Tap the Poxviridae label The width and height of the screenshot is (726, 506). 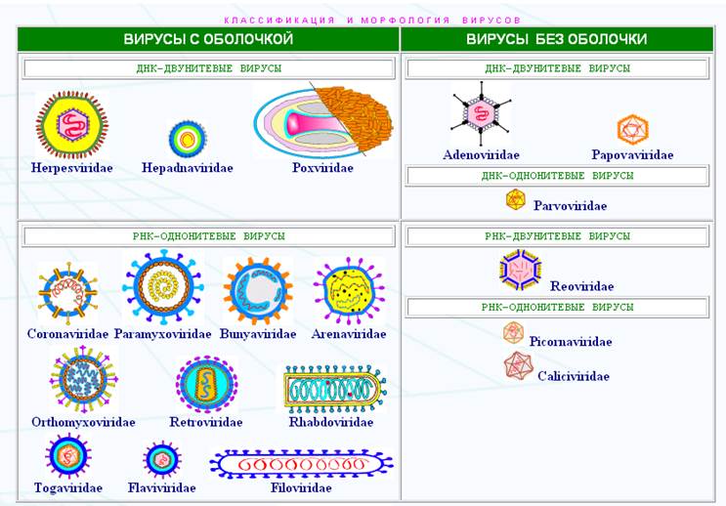(322, 168)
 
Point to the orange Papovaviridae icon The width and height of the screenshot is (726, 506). (632, 129)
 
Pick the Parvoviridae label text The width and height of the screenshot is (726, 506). (570, 206)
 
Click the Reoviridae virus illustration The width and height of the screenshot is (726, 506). (519, 270)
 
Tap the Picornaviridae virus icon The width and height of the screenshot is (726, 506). (514, 333)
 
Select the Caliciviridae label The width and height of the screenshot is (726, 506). (573, 376)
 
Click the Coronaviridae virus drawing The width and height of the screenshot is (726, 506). (67, 294)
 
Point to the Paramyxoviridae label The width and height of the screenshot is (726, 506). (162, 334)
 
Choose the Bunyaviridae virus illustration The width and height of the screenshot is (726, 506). (258, 291)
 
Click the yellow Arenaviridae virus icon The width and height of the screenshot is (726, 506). (349, 291)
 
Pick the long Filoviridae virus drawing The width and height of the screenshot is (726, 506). (301, 463)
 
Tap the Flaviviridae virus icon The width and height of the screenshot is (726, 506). (162, 459)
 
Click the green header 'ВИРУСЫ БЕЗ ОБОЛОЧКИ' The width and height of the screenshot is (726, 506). (556, 40)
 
